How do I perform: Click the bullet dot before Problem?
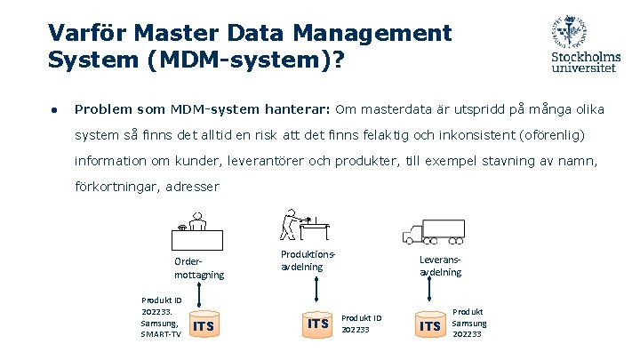[x=53, y=110]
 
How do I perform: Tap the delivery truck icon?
[x=433, y=232]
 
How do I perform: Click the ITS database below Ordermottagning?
[x=204, y=326]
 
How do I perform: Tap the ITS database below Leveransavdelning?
[x=429, y=326]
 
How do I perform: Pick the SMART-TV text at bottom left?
[x=161, y=333]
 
